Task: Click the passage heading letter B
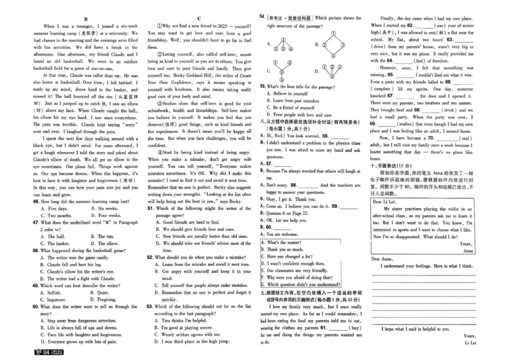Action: pyautogui.click(x=85, y=18)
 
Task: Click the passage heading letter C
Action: pyautogui.click(x=200, y=18)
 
